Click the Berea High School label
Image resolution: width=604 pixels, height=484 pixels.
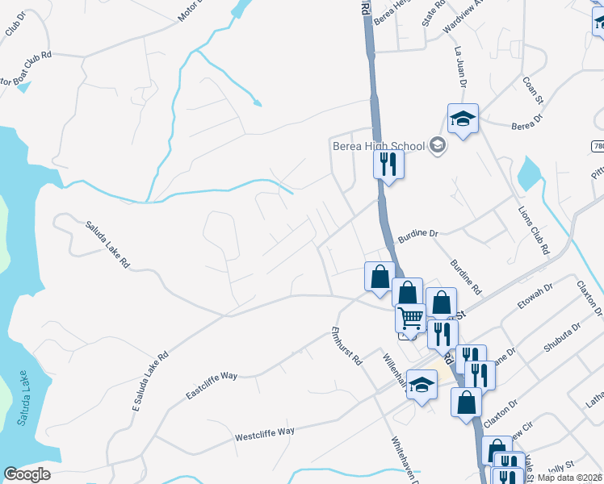(379, 146)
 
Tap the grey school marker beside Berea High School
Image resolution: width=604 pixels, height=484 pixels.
(438, 146)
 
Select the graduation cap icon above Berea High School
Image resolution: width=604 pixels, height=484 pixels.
(463, 119)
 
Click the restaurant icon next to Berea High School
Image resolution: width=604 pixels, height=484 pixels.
(388, 165)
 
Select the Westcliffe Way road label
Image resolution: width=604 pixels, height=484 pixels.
(264, 435)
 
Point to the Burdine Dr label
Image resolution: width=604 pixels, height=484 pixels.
(417, 234)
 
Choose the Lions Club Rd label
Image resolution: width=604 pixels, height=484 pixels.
(533, 229)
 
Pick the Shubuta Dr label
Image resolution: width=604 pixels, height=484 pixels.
(563, 340)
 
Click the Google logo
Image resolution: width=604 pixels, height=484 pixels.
(27, 474)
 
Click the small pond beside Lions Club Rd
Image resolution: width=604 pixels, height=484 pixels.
(529, 173)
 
